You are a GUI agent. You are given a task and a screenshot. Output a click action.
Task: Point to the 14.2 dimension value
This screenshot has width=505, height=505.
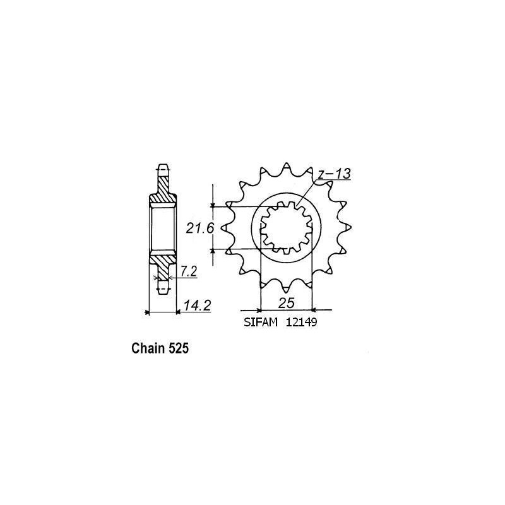[196, 306]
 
